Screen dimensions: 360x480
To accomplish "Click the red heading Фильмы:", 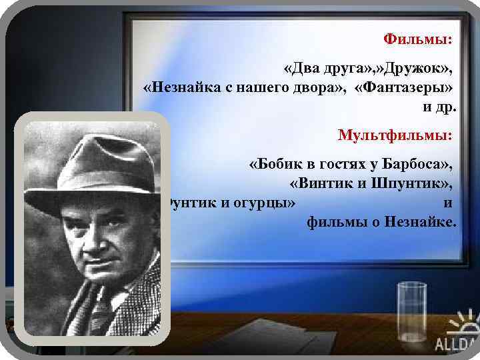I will tap(418, 39).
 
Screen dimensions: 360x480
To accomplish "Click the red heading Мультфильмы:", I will tap(395, 135).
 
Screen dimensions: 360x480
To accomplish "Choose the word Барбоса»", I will tap(417, 165).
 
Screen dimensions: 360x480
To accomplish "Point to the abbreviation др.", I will tap(446, 106).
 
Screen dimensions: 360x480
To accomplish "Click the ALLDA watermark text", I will tap(457, 345).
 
